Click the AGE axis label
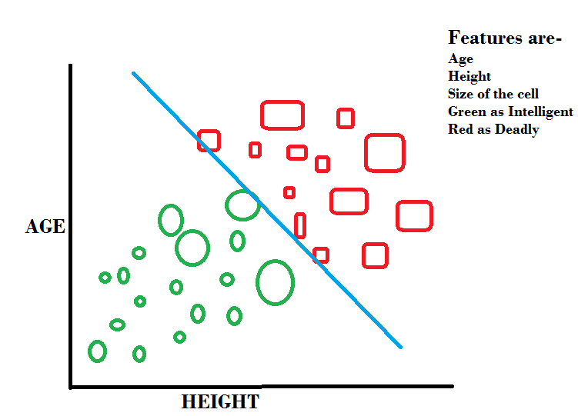click(45, 228)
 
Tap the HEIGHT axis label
click(220, 402)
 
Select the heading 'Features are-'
click(505, 38)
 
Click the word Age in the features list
click(460, 58)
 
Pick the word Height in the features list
click(469, 76)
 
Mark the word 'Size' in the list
click(460, 94)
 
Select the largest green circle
click(275, 282)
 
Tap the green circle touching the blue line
click(242, 205)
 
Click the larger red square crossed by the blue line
click(209, 140)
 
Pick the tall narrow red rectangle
click(300, 225)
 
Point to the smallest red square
click(289, 192)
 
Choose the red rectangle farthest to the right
click(414, 216)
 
